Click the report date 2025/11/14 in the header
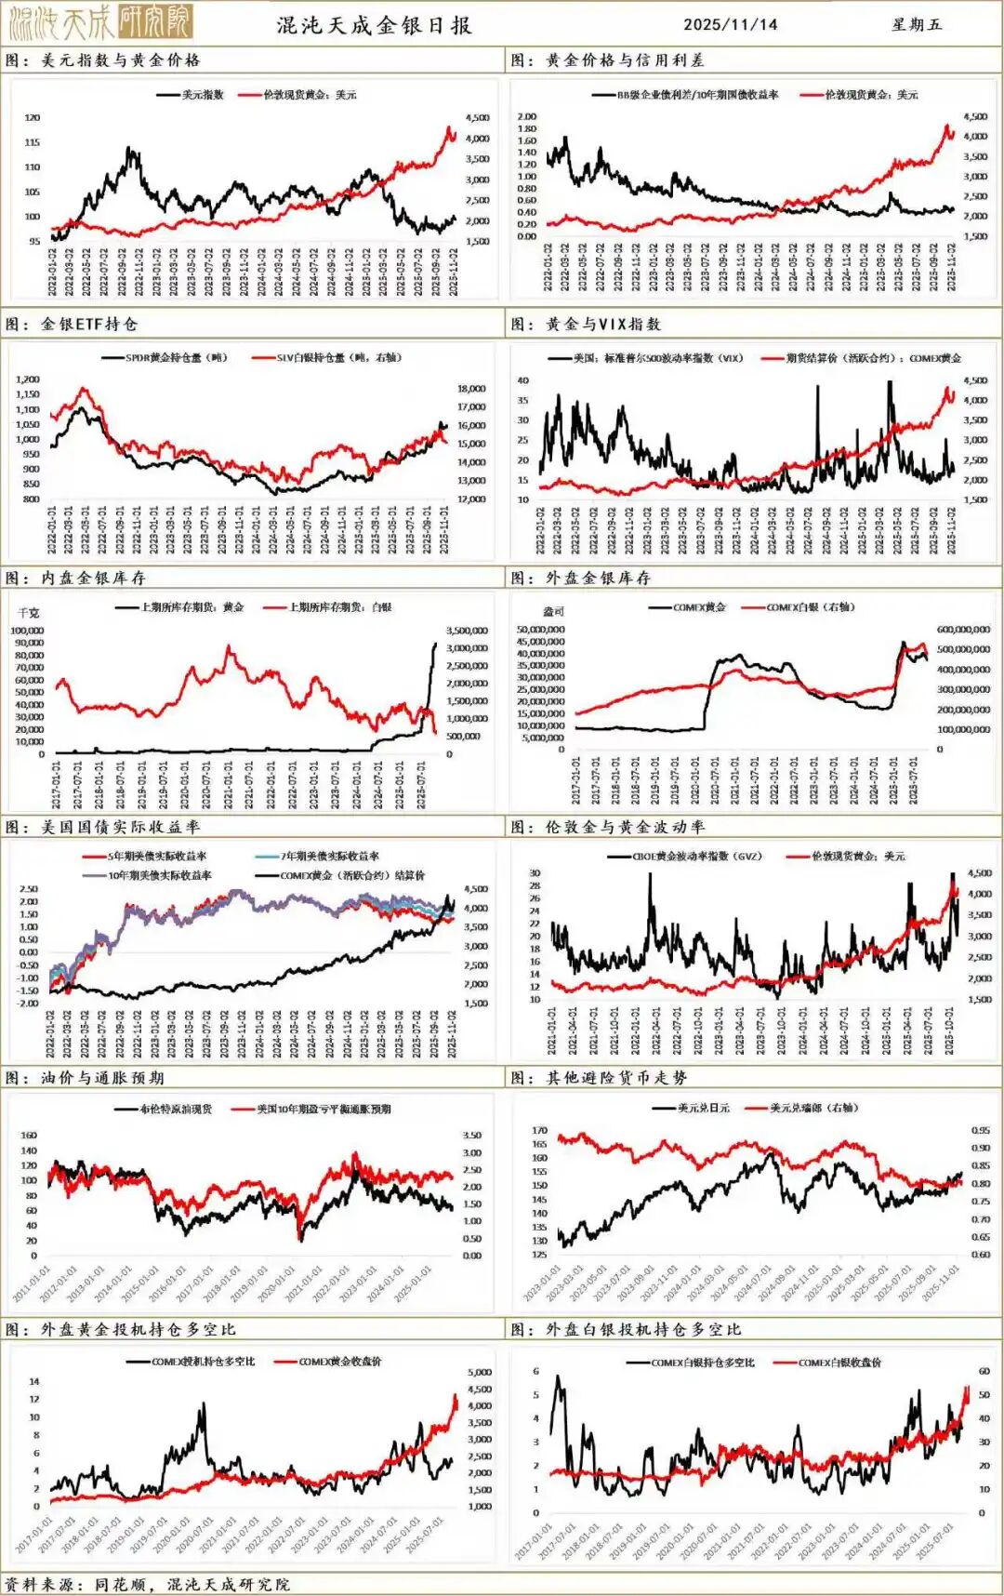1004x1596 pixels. (730, 25)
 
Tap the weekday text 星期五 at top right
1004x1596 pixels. (916, 25)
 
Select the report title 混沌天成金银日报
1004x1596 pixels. (375, 25)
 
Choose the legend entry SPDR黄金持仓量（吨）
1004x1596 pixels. (177, 358)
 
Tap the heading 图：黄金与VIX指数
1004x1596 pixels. (586, 325)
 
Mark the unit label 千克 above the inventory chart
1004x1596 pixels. (29, 613)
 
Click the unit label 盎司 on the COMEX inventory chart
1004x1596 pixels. (553, 612)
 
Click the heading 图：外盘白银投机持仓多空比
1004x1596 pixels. (627, 1330)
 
